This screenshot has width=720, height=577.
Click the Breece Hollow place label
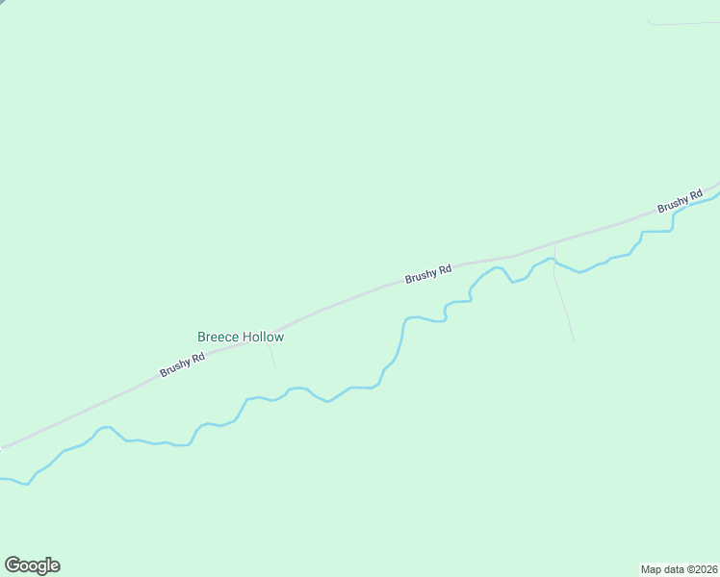[241, 337]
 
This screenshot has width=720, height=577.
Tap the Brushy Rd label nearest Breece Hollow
[182, 364]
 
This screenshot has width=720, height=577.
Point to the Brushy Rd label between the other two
[428, 274]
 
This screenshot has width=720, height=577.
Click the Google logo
[32, 565]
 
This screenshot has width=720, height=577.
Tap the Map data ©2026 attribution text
[679, 568]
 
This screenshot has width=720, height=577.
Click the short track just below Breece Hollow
[272, 356]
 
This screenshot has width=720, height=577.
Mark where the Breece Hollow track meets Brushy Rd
[270, 341]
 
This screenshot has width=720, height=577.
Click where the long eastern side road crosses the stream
[554, 261]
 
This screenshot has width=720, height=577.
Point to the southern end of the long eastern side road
[574, 340]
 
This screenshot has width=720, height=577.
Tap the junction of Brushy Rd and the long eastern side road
[554, 243]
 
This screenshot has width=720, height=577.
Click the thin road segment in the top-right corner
[683, 22]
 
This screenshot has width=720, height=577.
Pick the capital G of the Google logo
[12, 565]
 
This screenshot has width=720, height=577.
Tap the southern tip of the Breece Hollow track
[275, 366]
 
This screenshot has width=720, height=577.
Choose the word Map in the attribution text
[651, 568]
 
